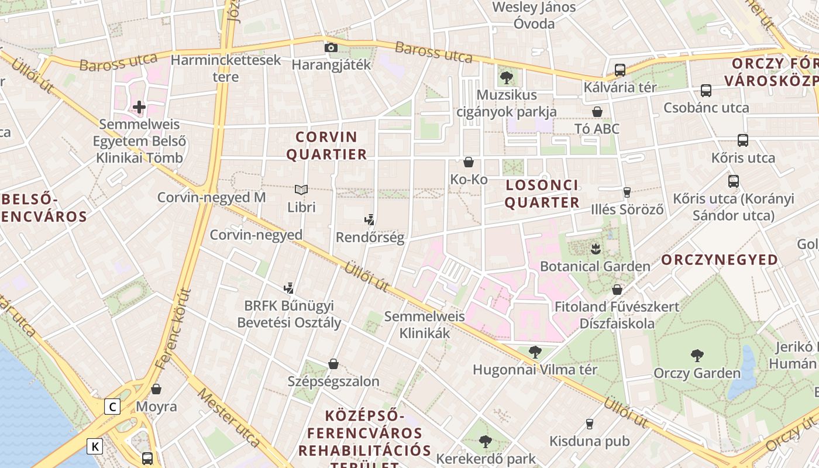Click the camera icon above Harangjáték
331,47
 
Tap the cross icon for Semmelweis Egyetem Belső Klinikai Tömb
139,107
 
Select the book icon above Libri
301,190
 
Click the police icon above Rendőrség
369,221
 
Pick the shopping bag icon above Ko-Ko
469,162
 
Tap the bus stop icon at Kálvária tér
620,70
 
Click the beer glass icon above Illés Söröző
627,192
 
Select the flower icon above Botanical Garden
596,249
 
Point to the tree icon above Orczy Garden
697,355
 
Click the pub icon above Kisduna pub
590,424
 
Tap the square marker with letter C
112,407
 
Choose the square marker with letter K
95,447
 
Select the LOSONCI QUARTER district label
542,194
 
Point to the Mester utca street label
228,417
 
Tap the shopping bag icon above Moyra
156,389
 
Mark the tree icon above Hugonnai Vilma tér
535,352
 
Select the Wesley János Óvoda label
534,15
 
